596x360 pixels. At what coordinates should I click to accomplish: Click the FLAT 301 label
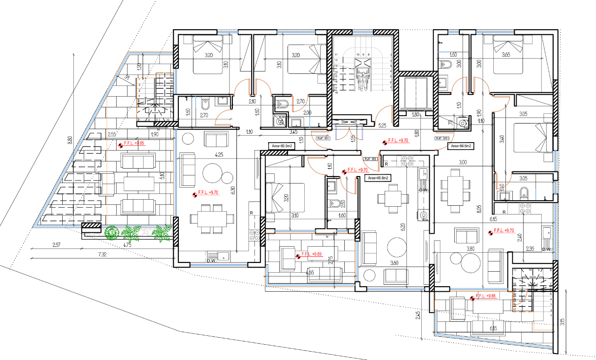coord(323,138)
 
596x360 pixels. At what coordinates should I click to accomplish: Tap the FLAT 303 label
coord(442,138)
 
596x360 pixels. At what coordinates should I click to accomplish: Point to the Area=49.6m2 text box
coord(378,178)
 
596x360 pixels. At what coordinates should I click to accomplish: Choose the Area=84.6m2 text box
coord(460,146)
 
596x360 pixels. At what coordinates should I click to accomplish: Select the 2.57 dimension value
coord(56,244)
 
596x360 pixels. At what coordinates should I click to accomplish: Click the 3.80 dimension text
coord(471,249)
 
